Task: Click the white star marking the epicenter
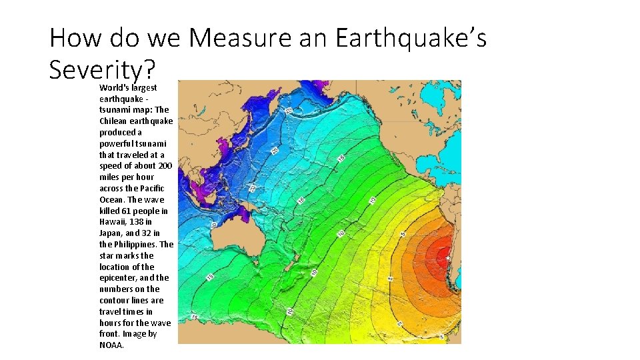tap(448, 258)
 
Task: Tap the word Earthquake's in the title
tap(411, 39)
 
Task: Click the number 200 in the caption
tap(165, 166)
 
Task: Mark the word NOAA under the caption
tap(111, 345)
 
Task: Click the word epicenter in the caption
tap(118, 278)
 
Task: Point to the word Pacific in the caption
tap(151, 189)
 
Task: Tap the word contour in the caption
tap(114, 301)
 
